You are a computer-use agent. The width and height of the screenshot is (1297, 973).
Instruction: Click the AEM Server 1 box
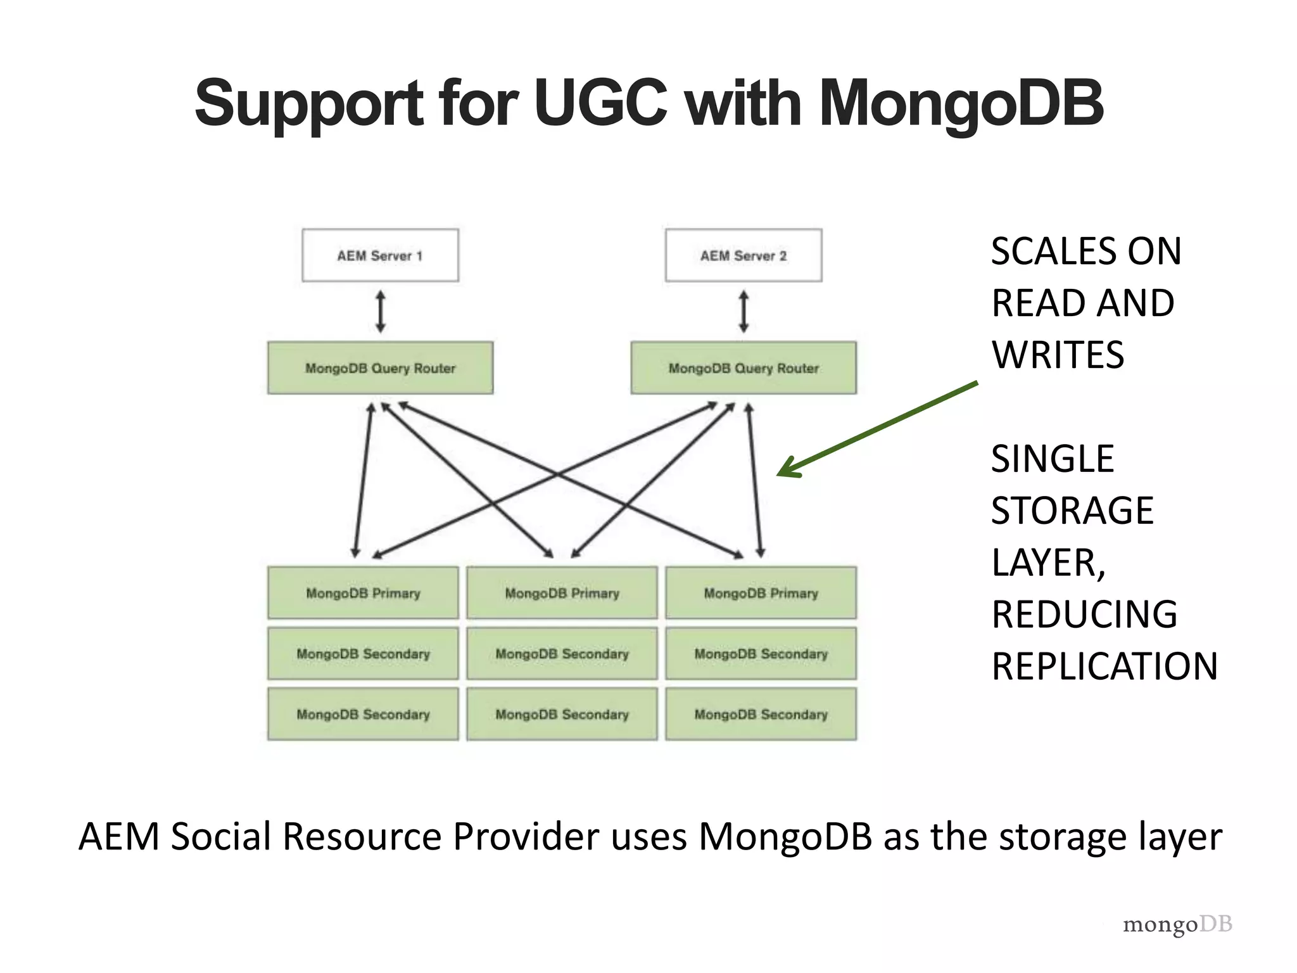(380, 255)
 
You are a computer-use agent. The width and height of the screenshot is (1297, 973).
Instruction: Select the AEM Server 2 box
(743, 255)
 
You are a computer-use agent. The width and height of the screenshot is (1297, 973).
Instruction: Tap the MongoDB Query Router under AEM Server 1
(380, 368)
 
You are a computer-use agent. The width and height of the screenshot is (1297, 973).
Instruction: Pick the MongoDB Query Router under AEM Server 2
(743, 368)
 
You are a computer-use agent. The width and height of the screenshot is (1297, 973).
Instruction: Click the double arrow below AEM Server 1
(380, 312)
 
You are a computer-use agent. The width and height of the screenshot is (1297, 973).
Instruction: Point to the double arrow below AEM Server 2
(744, 312)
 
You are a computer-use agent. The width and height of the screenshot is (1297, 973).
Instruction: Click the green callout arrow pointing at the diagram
(877, 429)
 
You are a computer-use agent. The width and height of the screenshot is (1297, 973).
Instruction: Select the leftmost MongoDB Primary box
(363, 593)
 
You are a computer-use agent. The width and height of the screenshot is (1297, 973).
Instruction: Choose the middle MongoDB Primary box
(562, 593)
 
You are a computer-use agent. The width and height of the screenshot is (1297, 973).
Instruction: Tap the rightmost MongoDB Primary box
(761, 593)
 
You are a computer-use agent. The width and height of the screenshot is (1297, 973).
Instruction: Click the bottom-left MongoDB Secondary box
(363, 714)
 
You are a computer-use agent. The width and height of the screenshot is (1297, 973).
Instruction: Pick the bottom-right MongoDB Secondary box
(761, 714)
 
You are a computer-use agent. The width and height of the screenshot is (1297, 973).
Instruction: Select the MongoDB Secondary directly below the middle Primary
(562, 653)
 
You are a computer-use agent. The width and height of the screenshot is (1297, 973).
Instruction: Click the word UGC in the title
(600, 103)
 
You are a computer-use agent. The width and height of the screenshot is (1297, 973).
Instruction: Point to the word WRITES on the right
(1058, 355)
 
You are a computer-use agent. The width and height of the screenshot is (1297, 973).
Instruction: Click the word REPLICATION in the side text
(1104, 666)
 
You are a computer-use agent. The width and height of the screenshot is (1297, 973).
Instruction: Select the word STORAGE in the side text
(1072, 511)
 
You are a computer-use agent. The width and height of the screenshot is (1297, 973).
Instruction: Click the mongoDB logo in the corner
(1177, 924)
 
